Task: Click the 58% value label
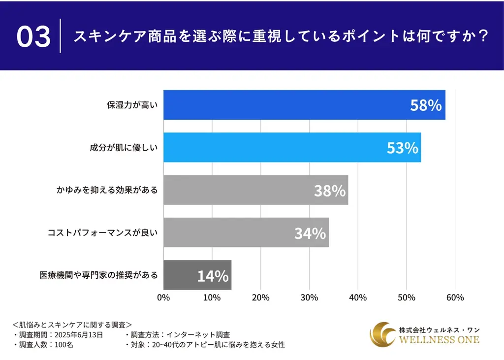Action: [426, 105]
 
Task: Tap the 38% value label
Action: [330, 191]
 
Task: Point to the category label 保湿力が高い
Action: [132, 105]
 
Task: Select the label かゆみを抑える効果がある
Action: [106, 190]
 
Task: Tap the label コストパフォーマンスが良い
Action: [102, 232]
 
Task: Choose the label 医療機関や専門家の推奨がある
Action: [98, 275]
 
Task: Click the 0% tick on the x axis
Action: [163, 297]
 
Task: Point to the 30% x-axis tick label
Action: [309, 297]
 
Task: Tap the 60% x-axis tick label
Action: [455, 297]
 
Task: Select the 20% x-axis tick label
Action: [260, 297]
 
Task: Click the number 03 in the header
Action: [33, 37]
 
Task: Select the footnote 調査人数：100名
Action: [44, 345]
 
